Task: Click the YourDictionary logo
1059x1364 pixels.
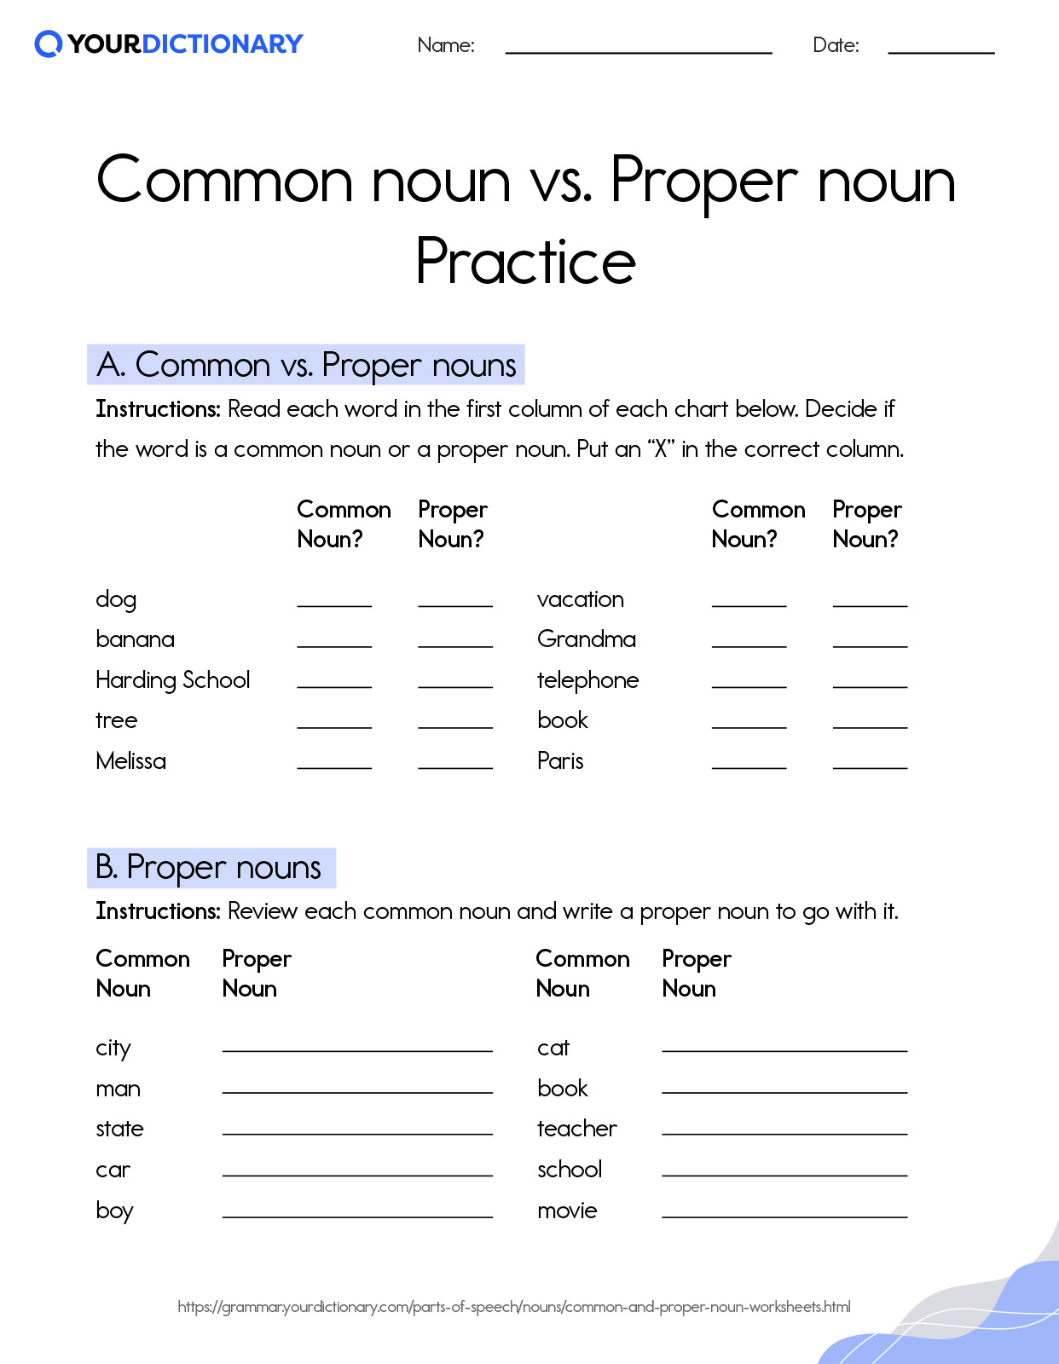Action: coord(169,43)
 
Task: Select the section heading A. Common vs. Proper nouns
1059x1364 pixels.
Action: coord(306,365)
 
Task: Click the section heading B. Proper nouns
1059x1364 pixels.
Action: coord(210,868)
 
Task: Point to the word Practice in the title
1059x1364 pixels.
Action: coord(525,261)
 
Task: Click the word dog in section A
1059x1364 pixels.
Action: coord(116,599)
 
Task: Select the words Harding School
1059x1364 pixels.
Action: coord(173,680)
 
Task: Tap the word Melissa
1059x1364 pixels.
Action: coord(130,761)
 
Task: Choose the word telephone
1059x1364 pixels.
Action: coord(587,680)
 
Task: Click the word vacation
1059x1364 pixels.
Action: coord(581,599)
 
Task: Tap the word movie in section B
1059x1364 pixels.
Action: coord(567,1211)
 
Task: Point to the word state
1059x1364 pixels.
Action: coord(119,1129)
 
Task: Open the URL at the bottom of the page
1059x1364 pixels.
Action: coord(514,1307)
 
